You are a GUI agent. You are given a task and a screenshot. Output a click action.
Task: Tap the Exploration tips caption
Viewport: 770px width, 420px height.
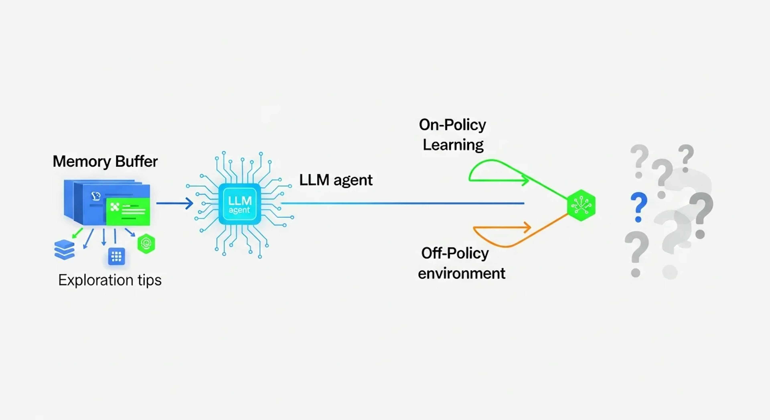pyautogui.click(x=110, y=280)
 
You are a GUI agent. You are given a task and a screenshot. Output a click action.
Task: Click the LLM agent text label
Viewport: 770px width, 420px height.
pyautogui.click(x=336, y=180)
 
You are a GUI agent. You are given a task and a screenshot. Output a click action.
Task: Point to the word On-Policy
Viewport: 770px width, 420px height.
pyautogui.click(x=452, y=125)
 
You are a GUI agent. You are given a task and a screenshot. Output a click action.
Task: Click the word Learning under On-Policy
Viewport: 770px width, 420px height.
pyautogui.click(x=453, y=145)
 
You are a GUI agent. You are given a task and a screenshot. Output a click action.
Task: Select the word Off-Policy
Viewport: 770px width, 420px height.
pyautogui.click(x=455, y=253)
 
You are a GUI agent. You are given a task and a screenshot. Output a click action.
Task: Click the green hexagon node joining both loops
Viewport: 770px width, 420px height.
pyautogui.click(x=581, y=205)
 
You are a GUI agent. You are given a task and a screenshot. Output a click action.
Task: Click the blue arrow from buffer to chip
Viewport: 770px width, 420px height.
pyautogui.click(x=175, y=203)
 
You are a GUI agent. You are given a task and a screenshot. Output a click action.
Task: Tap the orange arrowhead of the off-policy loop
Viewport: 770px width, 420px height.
pyautogui.click(x=527, y=228)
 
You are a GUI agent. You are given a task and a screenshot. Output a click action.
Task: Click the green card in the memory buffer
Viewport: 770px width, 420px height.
pyautogui.click(x=128, y=211)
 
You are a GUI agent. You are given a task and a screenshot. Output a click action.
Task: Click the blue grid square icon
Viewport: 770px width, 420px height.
pyautogui.click(x=116, y=256)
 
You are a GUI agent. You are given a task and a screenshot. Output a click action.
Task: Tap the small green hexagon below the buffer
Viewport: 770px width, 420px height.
pyautogui.click(x=146, y=244)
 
